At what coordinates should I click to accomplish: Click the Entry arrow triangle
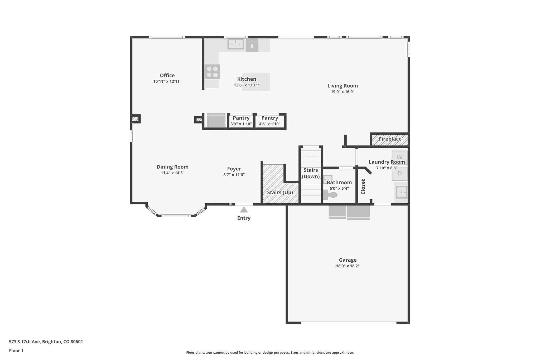[244, 210]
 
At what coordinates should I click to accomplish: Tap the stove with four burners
[212, 72]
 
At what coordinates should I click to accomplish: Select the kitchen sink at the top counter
[235, 44]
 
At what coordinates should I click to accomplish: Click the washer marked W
[399, 157]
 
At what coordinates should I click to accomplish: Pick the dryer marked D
[399, 174]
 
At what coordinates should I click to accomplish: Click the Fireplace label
[390, 139]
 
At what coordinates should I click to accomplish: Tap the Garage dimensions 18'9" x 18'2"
[348, 266]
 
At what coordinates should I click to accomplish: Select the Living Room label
[343, 86]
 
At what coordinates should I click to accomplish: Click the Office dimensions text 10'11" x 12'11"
[167, 82]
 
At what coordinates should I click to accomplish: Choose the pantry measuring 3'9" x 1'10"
[241, 121]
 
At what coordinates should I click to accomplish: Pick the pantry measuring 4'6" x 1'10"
[269, 121]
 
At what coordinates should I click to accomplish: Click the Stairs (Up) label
[280, 193]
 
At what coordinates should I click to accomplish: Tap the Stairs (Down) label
[311, 173]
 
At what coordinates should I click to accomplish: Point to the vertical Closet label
[363, 187]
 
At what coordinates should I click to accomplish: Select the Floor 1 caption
[16, 351]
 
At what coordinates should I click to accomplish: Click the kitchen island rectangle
[256, 82]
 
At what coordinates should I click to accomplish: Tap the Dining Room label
[172, 167]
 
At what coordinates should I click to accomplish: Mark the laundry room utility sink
[402, 192]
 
